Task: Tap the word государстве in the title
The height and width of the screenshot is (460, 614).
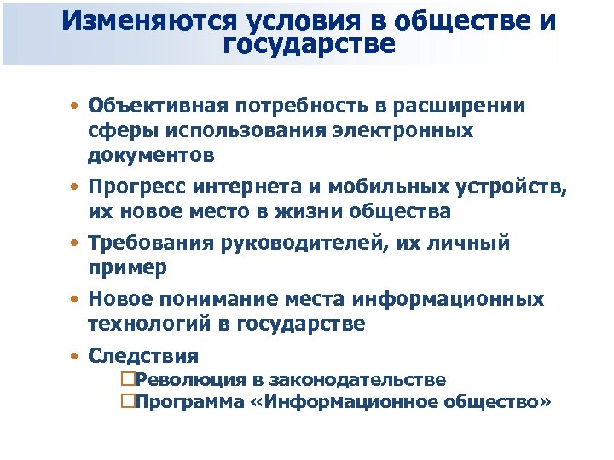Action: tap(309, 44)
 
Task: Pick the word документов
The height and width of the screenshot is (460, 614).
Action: tap(150, 156)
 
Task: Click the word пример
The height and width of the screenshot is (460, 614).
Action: tap(127, 267)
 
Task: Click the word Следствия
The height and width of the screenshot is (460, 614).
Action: tap(142, 356)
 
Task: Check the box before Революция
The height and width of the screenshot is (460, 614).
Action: tap(129, 380)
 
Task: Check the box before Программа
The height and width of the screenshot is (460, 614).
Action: tap(129, 401)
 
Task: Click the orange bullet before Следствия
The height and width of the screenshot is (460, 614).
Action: tap(77, 356)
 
